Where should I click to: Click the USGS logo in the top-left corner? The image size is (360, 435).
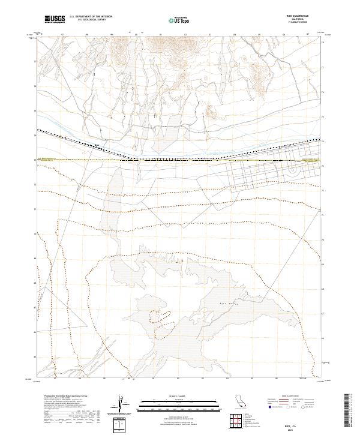coord(55,19)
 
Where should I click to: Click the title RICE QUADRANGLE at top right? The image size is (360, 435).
coord(294,16)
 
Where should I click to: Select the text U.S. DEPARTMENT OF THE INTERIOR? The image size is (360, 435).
coord(91,17)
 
